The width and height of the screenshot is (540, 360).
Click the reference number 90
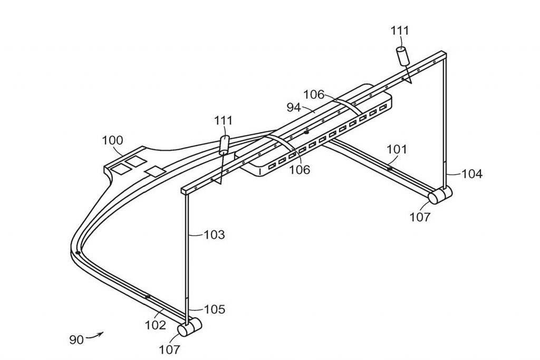pos(76,340)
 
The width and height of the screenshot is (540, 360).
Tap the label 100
pos(112,140)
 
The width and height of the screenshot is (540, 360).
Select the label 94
pos(294,108)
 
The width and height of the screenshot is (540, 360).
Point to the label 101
pos(397,149)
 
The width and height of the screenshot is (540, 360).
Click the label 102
pos(156,325)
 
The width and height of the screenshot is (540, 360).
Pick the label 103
pos(214,235)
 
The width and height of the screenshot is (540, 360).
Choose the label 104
pos(472,174)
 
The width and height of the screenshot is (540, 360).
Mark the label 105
pos(215,309)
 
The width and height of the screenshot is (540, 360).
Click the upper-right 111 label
pos(400,31)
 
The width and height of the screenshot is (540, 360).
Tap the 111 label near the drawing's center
pos(224,121)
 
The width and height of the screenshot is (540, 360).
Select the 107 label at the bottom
pos(169,349)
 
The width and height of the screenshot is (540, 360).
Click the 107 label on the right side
pos(420,217)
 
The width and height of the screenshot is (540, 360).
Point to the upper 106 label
pos(314,94)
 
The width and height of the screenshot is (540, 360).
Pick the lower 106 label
pos(300,169)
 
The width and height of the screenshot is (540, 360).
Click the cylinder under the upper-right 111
pos(403,56)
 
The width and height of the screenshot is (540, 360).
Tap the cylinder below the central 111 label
pos(224,145)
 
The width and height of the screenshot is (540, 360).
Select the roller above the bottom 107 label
pos(189,327)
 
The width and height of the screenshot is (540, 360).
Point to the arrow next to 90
pos(95,335)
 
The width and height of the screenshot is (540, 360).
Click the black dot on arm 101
pos(390,169)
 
